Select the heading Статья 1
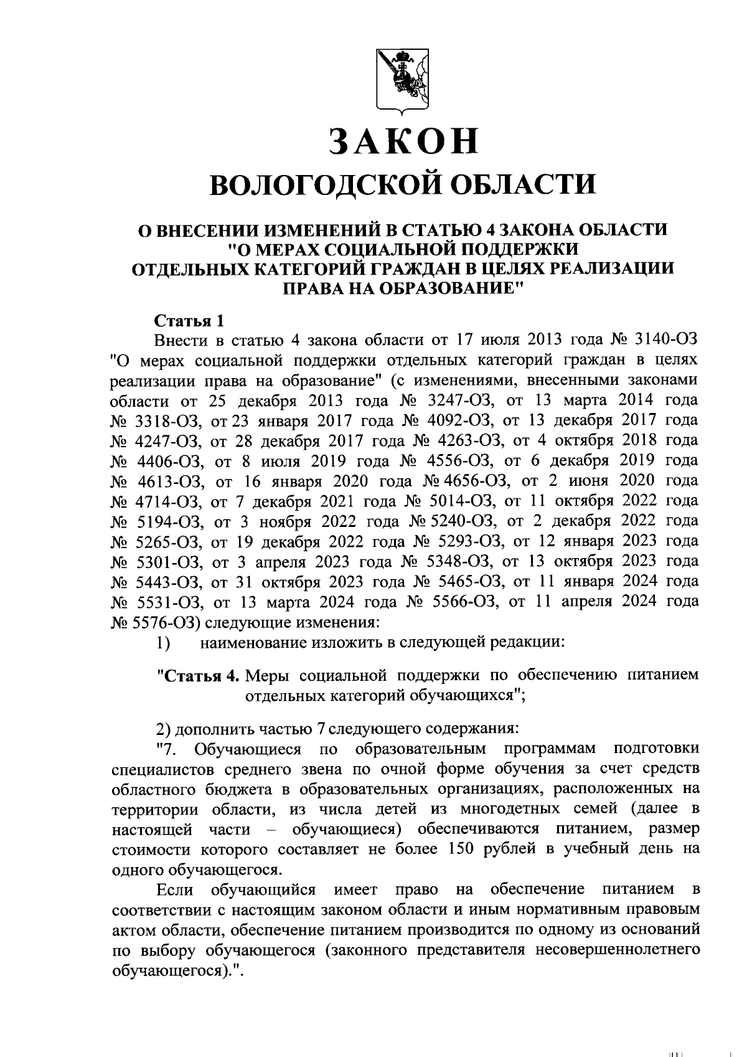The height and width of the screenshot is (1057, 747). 188,322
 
